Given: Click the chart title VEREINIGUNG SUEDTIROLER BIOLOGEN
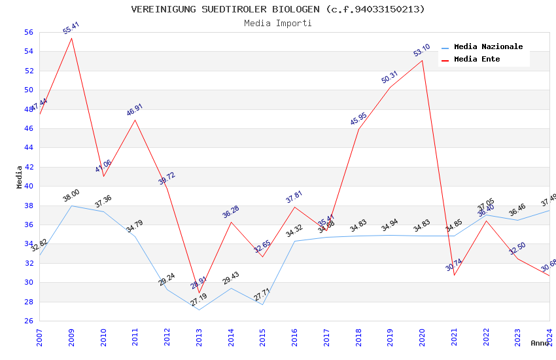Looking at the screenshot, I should click(278, 9).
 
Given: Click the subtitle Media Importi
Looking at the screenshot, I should click(278, 23).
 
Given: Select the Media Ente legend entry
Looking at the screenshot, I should click(477, 59).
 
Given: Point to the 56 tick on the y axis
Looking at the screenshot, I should click(28, 32).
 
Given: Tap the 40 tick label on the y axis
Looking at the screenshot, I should click(28, 186).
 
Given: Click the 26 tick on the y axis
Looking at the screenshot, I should click(28, 321).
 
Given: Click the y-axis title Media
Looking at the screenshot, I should click(20, 176).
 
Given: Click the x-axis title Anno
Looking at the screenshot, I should click(540, 343).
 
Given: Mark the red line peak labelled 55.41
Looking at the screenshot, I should click(71, 38).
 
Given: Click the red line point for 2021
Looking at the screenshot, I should click(454, 275).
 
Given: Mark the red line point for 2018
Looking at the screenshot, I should click(358, 129).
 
